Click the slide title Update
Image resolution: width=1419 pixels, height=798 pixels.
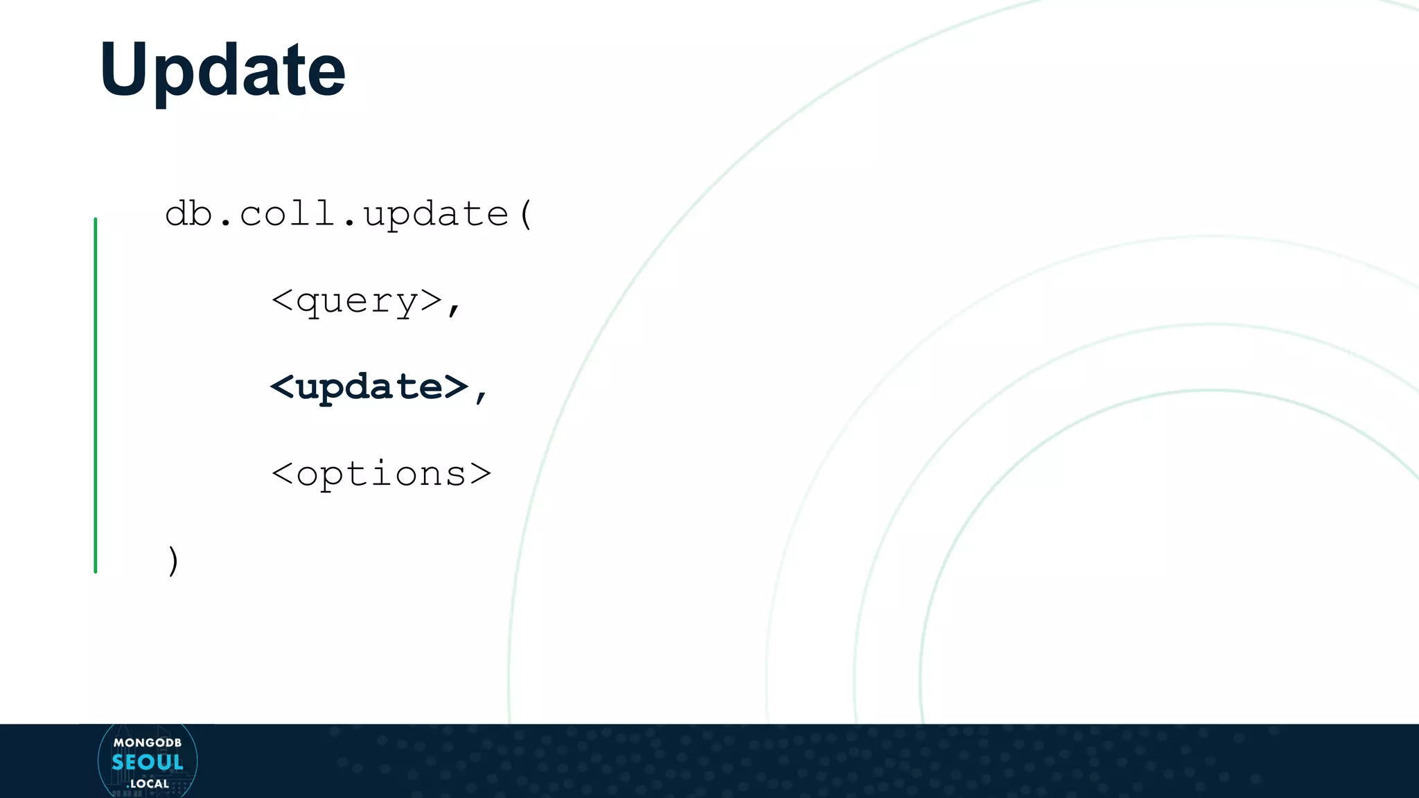(x=222, y=69)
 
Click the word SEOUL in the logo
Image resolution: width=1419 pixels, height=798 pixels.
(x=148, y=763)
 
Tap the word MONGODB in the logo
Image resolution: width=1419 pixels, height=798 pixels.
(x=148, y=743)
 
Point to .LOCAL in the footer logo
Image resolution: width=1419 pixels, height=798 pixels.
(x=148, y=783)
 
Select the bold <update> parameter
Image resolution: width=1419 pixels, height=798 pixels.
(x=369, y=387)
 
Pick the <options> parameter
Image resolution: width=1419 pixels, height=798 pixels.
(x=381, y=475)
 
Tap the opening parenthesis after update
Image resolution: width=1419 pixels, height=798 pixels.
(x=526, y=214)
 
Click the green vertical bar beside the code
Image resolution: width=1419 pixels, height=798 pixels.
(x=96, y=395)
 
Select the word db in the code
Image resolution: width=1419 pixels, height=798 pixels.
(x=188, y=213)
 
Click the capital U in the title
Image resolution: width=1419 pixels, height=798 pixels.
(x=125, y=69)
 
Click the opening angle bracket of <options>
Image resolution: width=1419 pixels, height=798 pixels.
(x=282, y=475)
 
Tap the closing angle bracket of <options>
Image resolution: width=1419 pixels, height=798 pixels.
(x=480, y=475)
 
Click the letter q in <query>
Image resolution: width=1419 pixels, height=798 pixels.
(x=308, y=303)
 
